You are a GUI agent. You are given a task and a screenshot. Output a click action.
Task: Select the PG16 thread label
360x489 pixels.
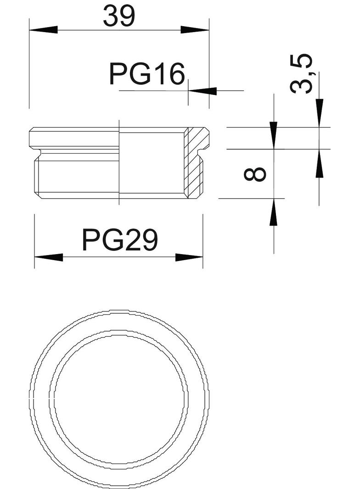(x=146, y=74)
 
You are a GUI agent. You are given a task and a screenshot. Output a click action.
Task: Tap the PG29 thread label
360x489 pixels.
(x=120, y=240)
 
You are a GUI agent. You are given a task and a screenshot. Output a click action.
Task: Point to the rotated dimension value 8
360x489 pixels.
(x=255, y=174)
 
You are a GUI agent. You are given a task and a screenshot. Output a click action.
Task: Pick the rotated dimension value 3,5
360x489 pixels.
(x=302, y=73)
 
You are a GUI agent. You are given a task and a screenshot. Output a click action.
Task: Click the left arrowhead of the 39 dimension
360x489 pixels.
(x=43, y=30)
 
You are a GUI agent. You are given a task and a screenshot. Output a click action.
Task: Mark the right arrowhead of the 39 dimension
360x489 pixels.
(x=195, y=30)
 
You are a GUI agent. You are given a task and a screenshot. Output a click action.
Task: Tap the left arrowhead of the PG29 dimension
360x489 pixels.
(x=48, y=257)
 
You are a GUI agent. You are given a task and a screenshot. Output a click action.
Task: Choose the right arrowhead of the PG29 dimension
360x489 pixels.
(x=189, y=257)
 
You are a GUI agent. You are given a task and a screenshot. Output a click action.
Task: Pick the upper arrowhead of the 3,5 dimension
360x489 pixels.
(x=319, y=113)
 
